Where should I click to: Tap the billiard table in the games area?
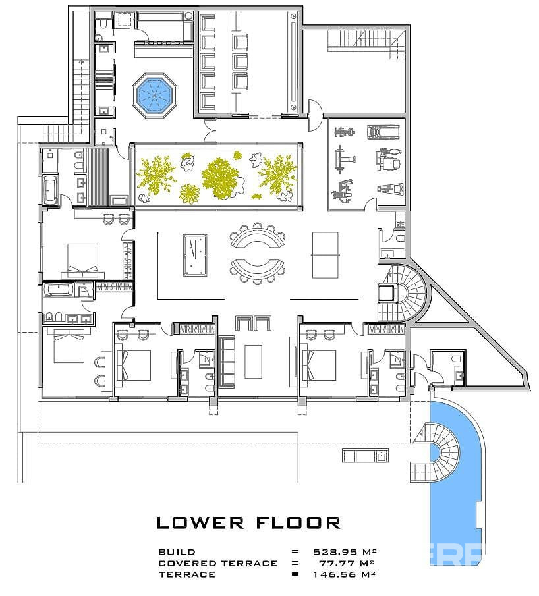pyautogui.click(x=195, y=256)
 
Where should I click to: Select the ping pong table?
pyautogui.click(x=326, y=255)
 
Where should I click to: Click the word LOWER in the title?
pyautogui.click(x=200, y=523)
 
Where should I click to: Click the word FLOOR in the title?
pyautogui.click(x=298, y=523)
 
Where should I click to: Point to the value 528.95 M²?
pyautogui.click(x=345, y=551)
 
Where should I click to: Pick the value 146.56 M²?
pyautogui.click(x=344, y=574)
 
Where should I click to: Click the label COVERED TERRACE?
pyautogui.click(x=218, y=563)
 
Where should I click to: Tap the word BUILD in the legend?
pyautogui.click(x=177, y=551)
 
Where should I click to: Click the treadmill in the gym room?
pyautogui.click(x=383, y=132)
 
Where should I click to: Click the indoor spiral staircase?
pyautogui.click(x=405, y=293)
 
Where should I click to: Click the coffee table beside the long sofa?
pyautogui.click(x=253, y=362)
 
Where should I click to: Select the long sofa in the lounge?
pyautogui.click(x=228, y=362)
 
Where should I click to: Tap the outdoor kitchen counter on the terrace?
pyautogui.click(x=365, y=455)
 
